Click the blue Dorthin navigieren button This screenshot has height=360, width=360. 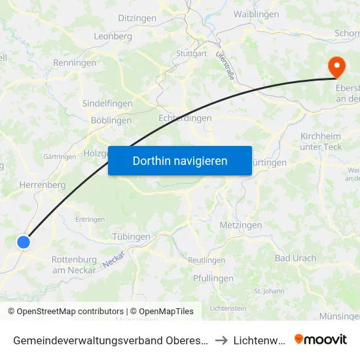(x=180, y=160)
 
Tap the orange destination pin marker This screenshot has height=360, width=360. (x=336, y=66)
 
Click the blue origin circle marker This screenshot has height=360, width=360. (x=24, y=242)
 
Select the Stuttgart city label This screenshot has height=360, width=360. (x=191, y=54)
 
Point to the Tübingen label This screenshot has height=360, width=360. (x=132, y=237)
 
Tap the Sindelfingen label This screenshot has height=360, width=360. (x=107, y=103)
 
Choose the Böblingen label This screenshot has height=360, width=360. (x=111, y=120)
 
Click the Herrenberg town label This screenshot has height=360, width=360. (x=43, y=185)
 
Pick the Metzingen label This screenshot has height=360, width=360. (x=241, y=225)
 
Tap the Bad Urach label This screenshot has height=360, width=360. (x=295, y=258)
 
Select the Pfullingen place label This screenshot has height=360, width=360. (x=213, y=278)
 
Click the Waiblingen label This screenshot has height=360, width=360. (x=257, y=14)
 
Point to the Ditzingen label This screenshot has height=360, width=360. (x=140, y=18)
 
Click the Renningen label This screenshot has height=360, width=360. (x=75, y=63)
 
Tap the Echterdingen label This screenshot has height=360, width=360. (x=185, y=118)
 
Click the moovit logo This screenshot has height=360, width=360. (x=321, y=339)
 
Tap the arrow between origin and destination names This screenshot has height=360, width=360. (x=221, y=340)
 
